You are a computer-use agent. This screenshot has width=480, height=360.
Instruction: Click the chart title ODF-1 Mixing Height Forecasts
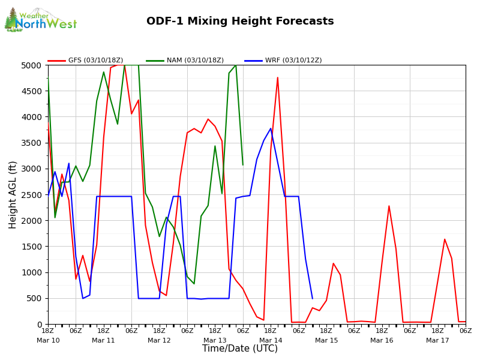240,22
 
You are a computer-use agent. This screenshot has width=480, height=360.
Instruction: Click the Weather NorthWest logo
40,20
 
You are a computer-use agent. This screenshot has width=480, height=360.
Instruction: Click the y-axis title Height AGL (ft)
13,194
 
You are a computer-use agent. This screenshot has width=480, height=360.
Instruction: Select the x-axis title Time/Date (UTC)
240,349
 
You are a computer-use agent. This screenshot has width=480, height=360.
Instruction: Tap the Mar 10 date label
48,341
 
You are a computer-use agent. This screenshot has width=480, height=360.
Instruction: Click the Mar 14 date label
271,341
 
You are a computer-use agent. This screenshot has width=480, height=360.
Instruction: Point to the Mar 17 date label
437,341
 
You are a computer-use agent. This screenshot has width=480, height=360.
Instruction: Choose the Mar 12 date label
159,341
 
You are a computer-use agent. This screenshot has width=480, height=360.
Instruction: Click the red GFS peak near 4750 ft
277,77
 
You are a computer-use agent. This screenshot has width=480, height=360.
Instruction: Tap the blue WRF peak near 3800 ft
271,128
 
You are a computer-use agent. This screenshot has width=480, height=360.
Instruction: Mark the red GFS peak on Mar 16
389,206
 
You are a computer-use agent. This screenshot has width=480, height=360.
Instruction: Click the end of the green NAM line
243,164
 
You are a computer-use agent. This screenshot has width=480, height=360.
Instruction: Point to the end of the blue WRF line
312,298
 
